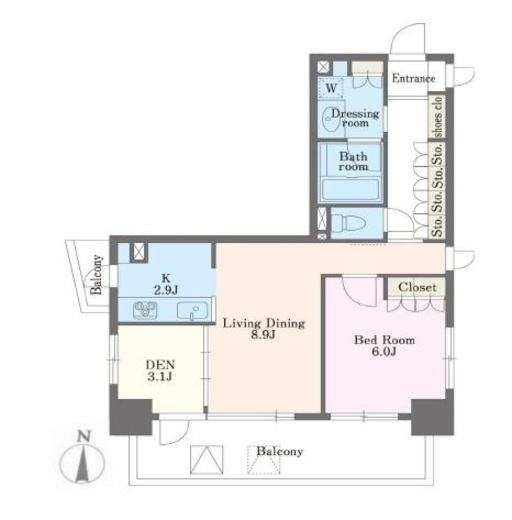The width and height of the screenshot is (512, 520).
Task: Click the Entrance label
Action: pyautogui.click(x=413, y=79)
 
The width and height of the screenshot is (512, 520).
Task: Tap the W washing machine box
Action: pyautogui.click(x=330, y=88)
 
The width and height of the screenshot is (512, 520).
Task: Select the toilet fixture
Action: pyautogui.click(x=345, y=223)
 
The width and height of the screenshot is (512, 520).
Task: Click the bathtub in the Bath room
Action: pyautogui.click(x=350, y=190)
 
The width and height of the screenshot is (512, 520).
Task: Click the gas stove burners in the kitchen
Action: pyautogui.click(x=145, y=309)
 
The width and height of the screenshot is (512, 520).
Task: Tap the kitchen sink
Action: pyautogui.click(x=192, y=310)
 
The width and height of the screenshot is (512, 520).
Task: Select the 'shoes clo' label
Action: pyautogui.click(x=437, y=117)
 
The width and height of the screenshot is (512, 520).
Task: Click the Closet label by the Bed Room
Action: pyautogui.click(x=417, y=287)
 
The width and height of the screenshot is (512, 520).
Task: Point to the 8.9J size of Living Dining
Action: pyautogui.click(x=263, y=335)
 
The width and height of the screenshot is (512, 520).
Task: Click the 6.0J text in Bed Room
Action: pyautogui.click(x=384, y=351)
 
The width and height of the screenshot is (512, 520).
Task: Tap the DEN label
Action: pyautogui.click(x=160, y=364)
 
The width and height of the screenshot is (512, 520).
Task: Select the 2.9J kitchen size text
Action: pyautogui.click(x=166, y=290)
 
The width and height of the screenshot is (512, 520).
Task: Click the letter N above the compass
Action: pyautogui.click(x=84, y=436)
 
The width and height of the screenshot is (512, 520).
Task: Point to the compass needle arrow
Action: pyautogui.click(x=83, y=465)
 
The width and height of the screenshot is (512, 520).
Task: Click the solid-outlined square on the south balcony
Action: pyautogui.click(x=206, y=459)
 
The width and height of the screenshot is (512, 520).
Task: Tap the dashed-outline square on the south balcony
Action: pyautogui.click(x=264, y=460)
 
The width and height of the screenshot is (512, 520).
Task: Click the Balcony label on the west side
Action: pyautogui.click(x=97, y=274)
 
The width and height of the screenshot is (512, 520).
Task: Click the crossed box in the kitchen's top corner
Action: pyautogui.click(x=138, y=251)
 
